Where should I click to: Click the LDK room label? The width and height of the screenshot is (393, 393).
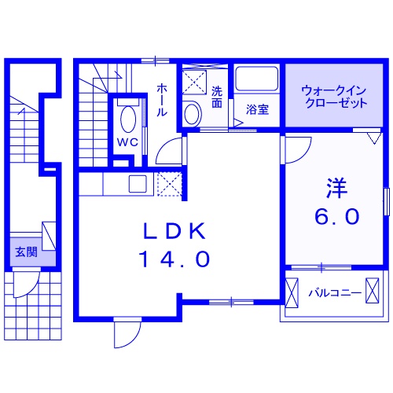coord(174,231)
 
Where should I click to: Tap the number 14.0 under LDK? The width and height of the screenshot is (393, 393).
coord(174,259)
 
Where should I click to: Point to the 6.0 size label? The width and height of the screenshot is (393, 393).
coord(339,215)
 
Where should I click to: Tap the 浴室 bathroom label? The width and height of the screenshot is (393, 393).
coord(257,109)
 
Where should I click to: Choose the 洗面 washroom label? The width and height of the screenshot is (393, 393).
coord(217,97)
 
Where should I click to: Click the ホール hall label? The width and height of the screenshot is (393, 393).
coord(162,100)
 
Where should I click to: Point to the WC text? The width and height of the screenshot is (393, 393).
coord(127,142)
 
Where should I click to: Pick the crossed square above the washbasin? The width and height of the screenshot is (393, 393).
coord(193,81)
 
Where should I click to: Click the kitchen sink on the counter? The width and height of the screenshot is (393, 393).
coord(138,185)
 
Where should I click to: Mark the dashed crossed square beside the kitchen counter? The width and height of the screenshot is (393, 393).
coord(168,185)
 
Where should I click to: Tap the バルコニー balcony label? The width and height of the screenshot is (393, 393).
coord(335,294)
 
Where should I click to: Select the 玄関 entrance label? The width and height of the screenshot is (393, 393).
coord(26,252)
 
